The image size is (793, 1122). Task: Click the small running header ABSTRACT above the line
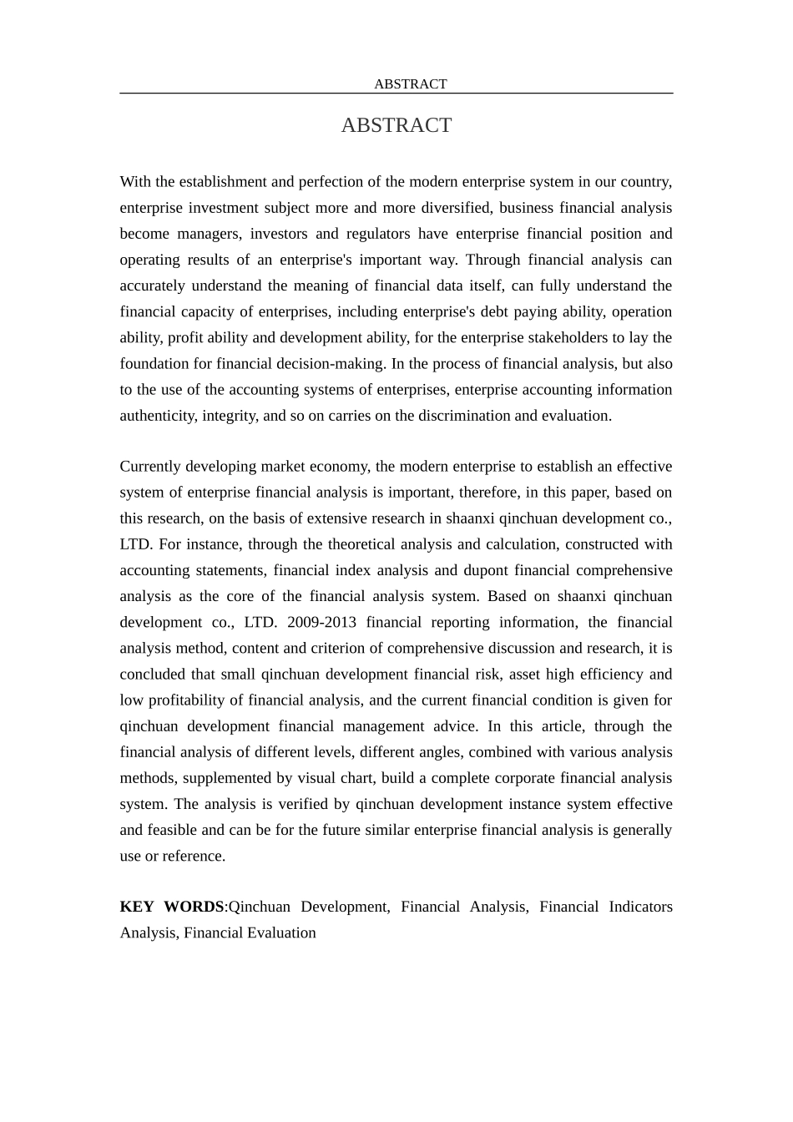tap(410, 84)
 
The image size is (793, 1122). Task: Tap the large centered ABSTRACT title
tap(396, 125)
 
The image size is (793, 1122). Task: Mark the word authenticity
tap(158, 416)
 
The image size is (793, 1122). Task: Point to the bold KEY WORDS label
tap(172, 907)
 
